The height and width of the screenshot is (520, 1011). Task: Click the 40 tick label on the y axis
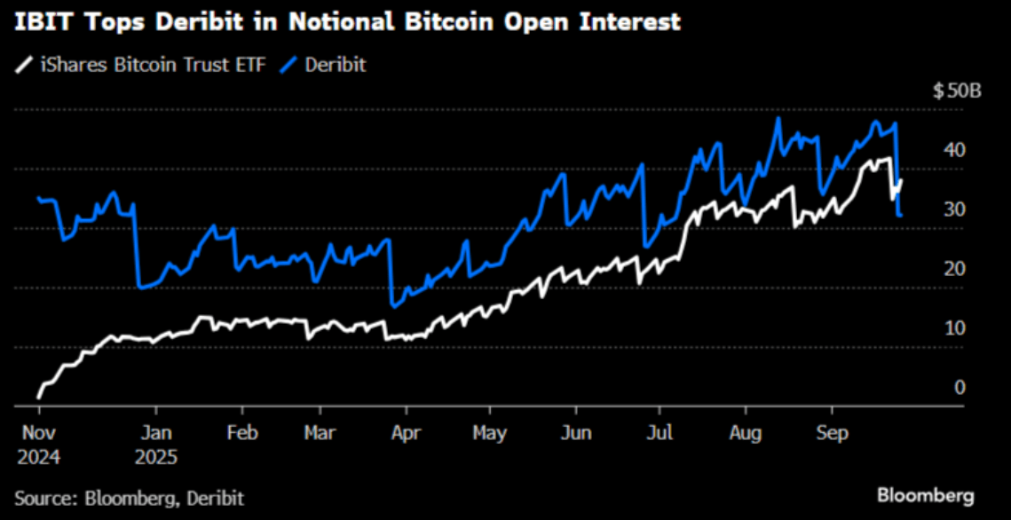(954, 150)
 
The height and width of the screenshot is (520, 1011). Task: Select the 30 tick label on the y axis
(954, 209)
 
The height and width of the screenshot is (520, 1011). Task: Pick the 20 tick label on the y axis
(954, 269)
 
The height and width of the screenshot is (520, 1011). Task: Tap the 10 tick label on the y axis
(954, 328)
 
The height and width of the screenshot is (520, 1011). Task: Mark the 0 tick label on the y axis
(960, 387)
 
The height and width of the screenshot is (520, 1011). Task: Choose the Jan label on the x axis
(156, 433)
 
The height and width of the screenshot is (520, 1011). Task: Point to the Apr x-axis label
(406, 433)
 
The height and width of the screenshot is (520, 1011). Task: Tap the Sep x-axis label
(831, 433)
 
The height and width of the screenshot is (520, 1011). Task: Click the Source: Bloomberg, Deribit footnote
(129, 497)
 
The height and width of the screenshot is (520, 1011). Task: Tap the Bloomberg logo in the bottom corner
(926, 495)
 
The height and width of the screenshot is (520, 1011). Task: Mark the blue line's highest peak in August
(778, 119)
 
